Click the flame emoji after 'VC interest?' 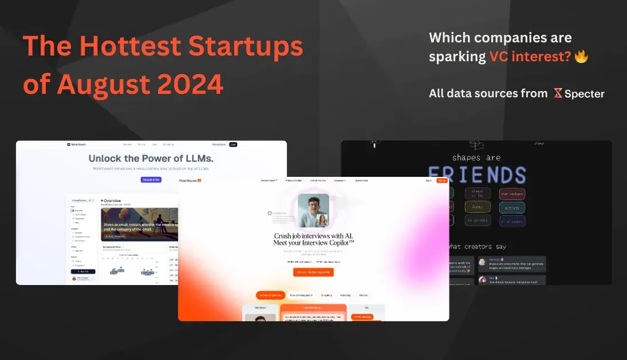(581, 56)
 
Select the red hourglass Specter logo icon (558, 93)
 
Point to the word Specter (584, 93)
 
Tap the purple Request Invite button (151, 180)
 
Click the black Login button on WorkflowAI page (233, 145)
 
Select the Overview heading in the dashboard (111, 200)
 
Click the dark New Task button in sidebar (83, 271)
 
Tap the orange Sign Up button (441, 180)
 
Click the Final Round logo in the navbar (190, 180)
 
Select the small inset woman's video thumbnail (322, 220)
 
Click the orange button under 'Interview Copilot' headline (313, 272)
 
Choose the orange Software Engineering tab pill (270, 295)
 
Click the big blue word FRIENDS (476, 175)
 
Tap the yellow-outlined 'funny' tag (477, 207)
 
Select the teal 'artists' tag (511, 207)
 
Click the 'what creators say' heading (476, 246)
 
